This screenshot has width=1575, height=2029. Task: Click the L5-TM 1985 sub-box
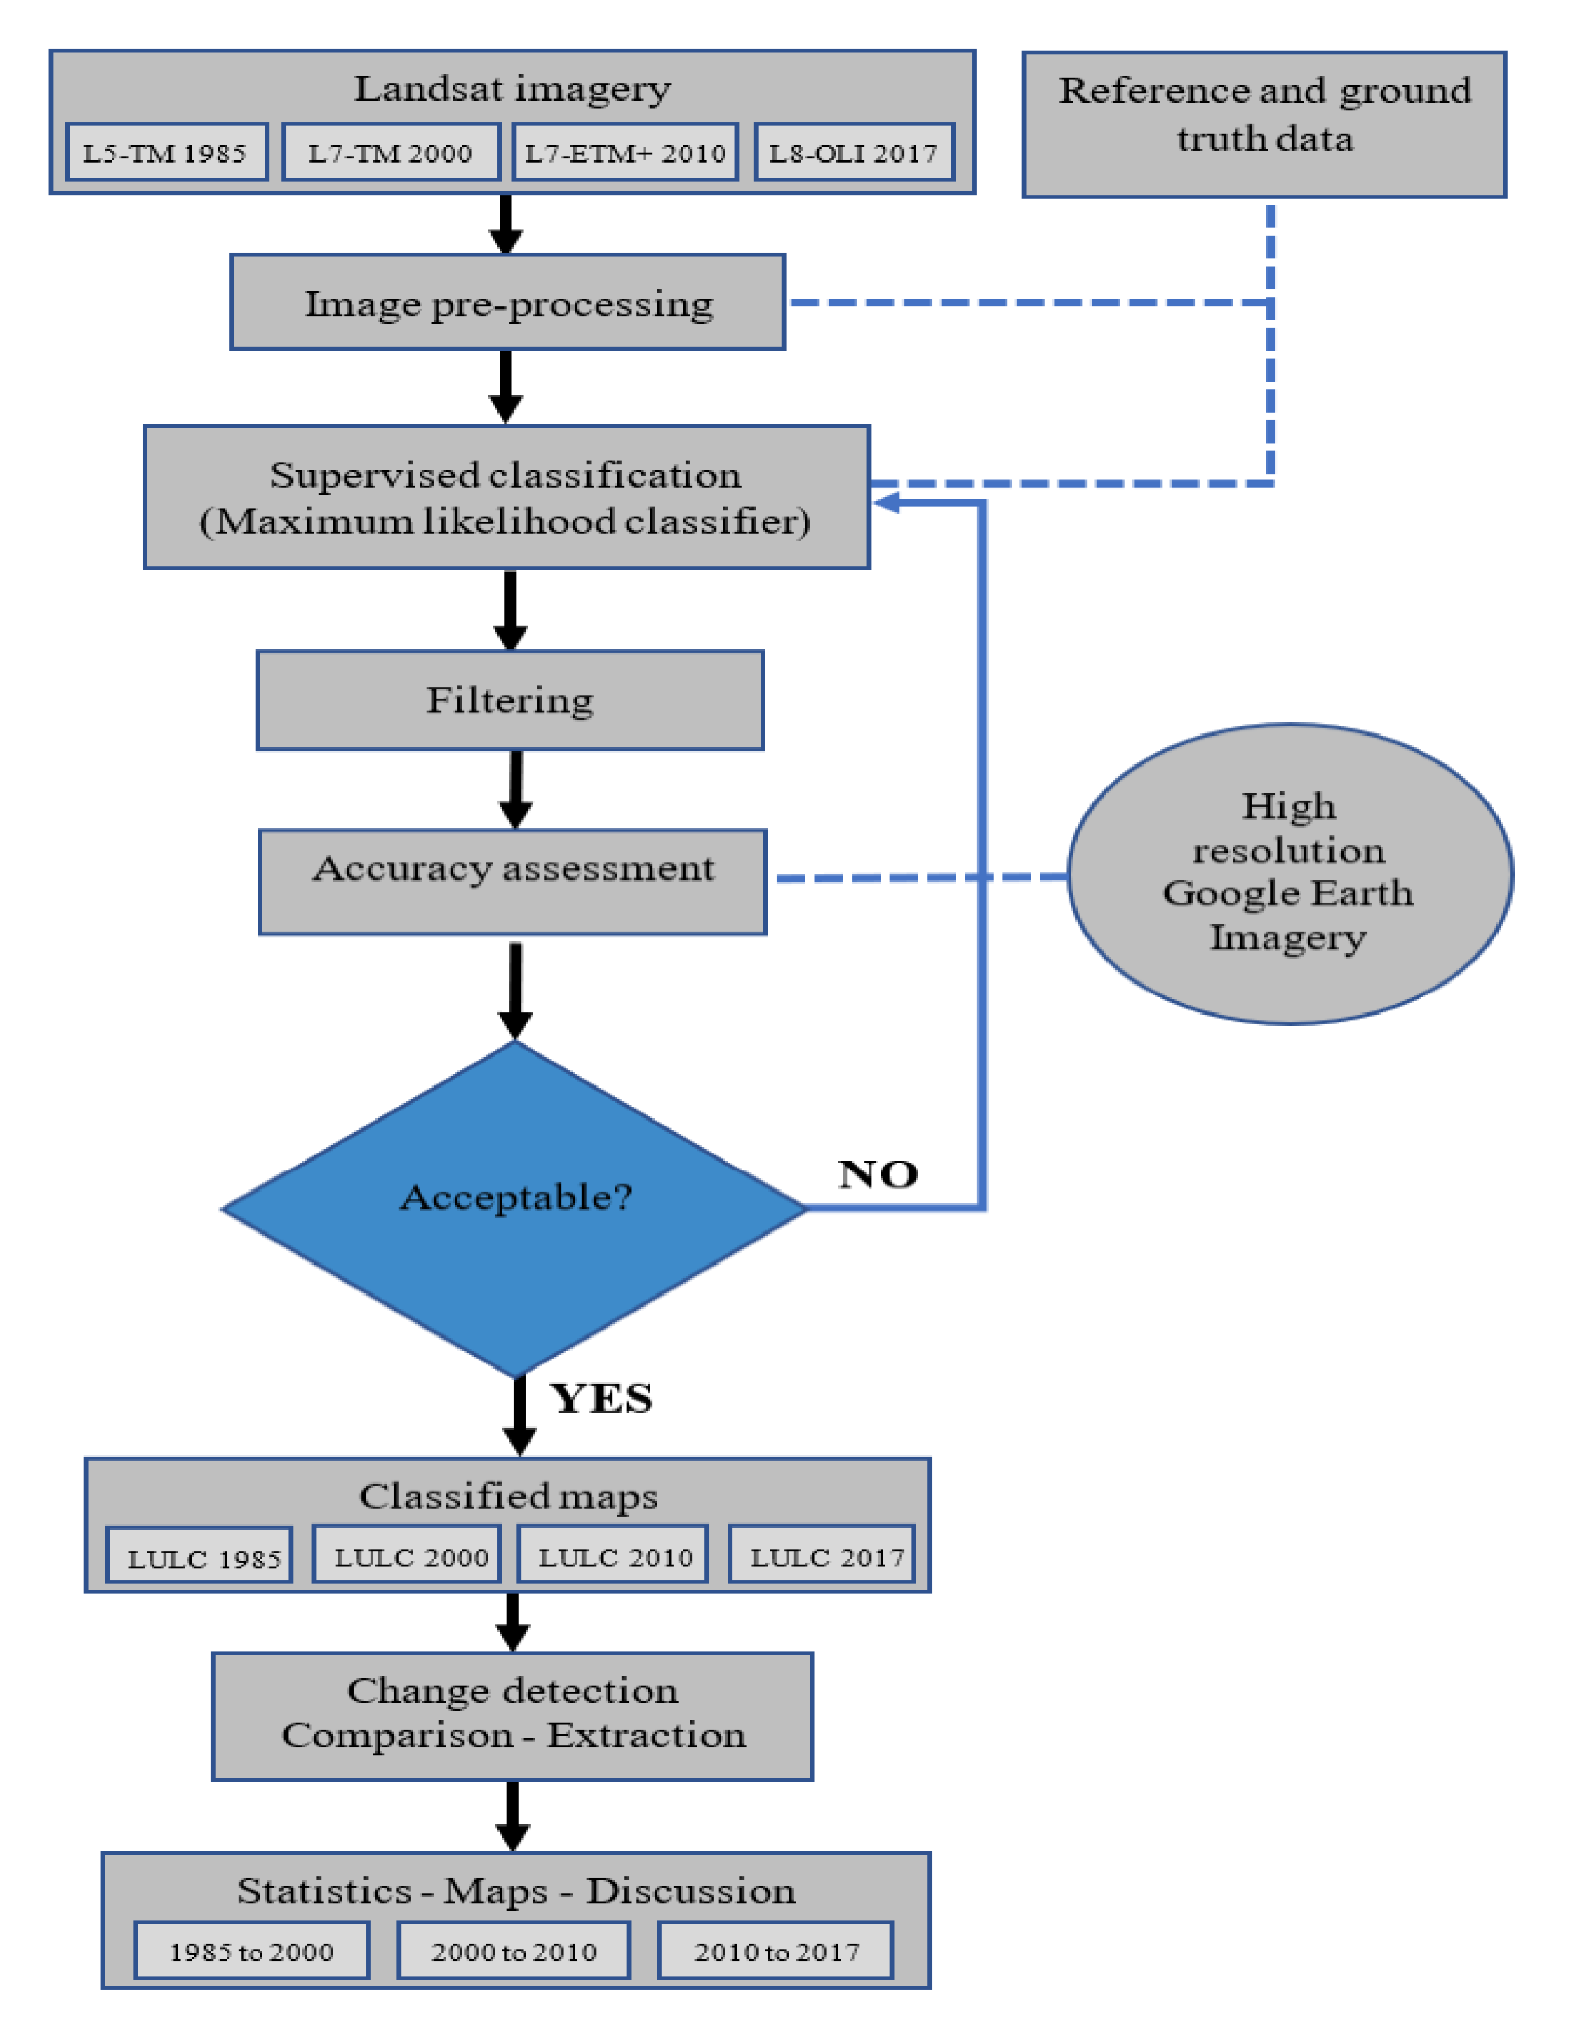pyautogui.click(x=166, y=152)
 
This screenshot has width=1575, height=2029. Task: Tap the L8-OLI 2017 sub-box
pyautogui.click(x=853, y=152)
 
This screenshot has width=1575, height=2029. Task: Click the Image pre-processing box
pyautogui.click(x=507, y=303)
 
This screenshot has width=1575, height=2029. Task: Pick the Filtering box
pyautogui.click(x=509, y=700)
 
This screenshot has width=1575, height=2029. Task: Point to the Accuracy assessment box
pyautogui.click(x=512, y=881)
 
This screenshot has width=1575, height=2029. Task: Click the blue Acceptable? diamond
pyautogui.click(x=514, y=1208)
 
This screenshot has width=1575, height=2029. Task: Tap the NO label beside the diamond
pyautogui.click(x=877, y=1174)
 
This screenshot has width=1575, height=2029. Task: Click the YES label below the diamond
pyautogui.click(x=601, y=1398)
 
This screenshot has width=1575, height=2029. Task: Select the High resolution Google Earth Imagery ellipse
pyautogui.click(x=1289, y=873)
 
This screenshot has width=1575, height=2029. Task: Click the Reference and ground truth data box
pyautogui.click(x=1264, y=125)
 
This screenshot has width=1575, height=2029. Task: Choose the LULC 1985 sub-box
pyautogui.click(x=200, y=1558)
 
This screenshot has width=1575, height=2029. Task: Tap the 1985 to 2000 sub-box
pyautogui.click(x=251, y=1951)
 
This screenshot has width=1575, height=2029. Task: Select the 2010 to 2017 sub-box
pyautogui.click(x=776, y=1951)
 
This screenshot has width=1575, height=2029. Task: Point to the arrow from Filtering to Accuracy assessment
pyautogui.click(x=516, y=790)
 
